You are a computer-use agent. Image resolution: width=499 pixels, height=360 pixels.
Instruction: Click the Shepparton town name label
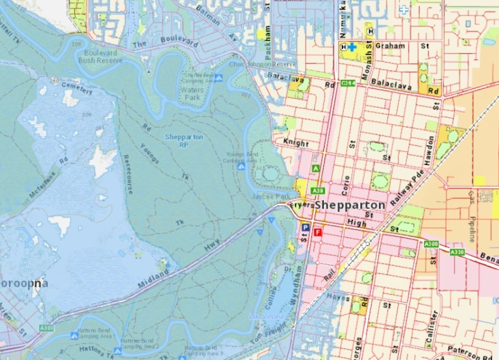click(x=350, y=205)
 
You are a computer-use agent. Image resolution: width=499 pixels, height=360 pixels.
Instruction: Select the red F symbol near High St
click(x=318, y=232)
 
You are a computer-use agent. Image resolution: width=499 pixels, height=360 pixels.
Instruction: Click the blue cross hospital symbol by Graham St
click(x=352, y=47)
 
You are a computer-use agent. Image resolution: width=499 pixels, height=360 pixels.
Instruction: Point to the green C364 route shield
click(x=348, y=83)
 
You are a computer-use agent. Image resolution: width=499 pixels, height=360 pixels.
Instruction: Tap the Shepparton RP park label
click(x=184, y=141)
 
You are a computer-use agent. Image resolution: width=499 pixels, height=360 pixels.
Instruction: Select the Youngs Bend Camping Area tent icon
click(x=241, y=167)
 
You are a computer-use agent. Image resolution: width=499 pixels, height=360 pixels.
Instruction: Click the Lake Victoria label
click(x=266, y=317)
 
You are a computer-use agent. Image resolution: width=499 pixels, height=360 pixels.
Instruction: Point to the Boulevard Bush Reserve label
click(x=100, y=57)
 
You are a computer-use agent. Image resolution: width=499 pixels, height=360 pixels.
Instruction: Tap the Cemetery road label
click(x=77, y=88)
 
